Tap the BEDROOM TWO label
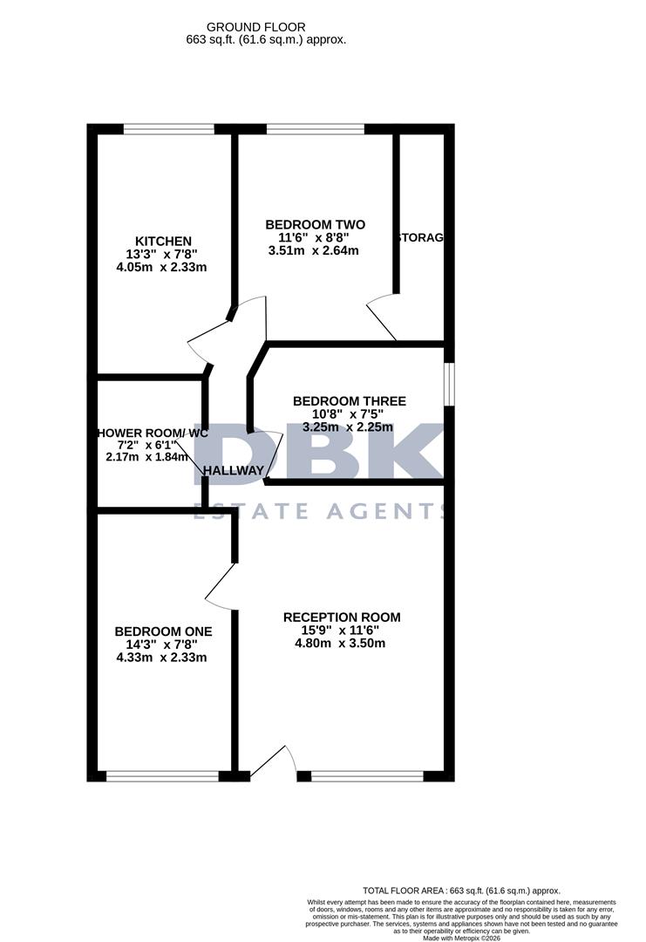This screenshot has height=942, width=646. pos(315,224)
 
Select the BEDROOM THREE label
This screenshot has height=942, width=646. pos(348,401)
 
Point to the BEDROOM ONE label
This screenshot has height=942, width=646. pos(163,631)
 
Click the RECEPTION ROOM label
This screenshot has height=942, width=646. pos(342,618)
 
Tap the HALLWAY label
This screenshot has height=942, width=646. pos(233,471)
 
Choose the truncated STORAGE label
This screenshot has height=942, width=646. pos(422,238)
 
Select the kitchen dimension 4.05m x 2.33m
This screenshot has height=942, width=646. pos(163,267)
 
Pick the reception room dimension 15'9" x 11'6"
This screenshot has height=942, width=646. pos(342,631)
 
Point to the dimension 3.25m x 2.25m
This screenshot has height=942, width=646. pos(348,427)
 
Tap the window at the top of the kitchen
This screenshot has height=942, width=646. pos(168,130)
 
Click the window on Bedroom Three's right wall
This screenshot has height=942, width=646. pos(448,384)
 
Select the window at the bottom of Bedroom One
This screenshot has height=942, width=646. pos(163,775)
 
